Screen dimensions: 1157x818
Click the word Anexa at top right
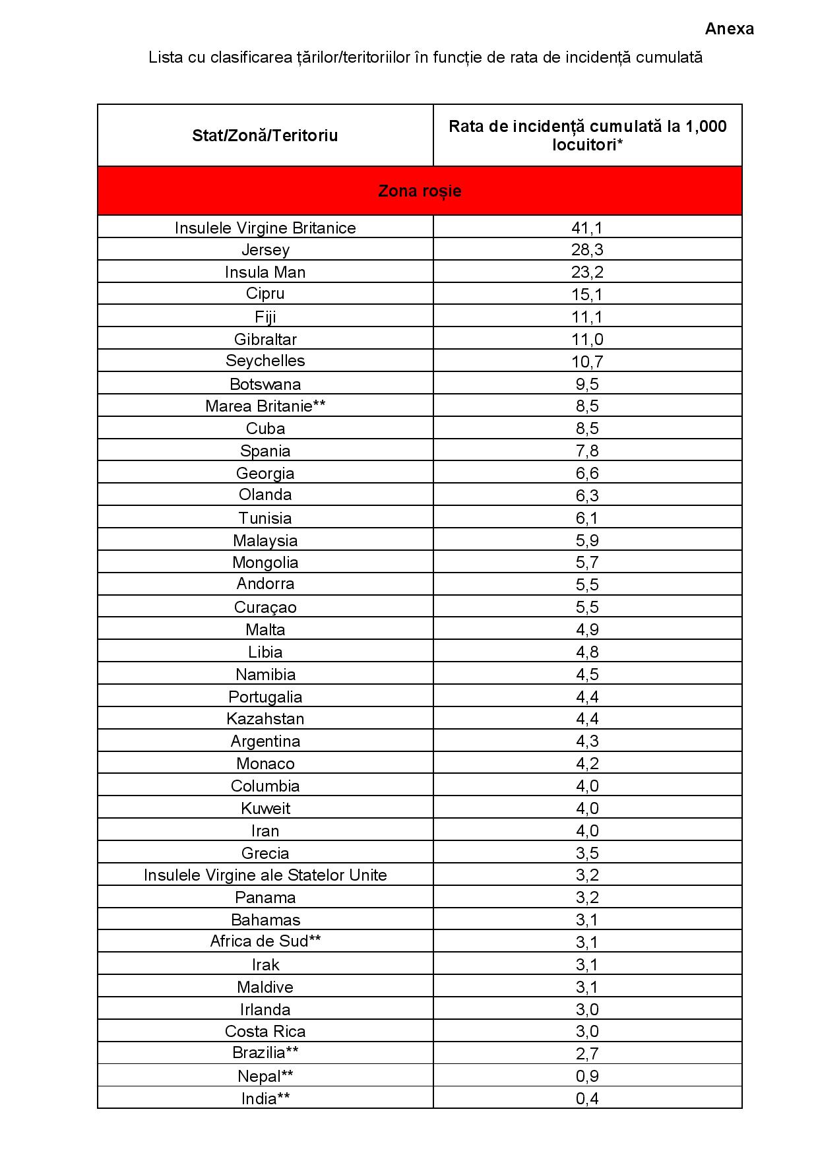tap(729, 29)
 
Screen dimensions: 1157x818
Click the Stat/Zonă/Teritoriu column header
tap(265, 136)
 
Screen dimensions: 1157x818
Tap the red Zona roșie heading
tap(420, 191)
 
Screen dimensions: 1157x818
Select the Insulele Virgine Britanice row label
tap(265, 228)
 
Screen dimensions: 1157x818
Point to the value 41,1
tap(587, 228)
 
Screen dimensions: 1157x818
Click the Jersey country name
tap(265, 250)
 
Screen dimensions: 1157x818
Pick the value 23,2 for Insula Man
tap(587, 272)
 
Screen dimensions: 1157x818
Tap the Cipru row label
tap(265, 294)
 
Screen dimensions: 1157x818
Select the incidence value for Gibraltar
tap(587, 340)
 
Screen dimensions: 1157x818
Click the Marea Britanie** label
tap(265, 406)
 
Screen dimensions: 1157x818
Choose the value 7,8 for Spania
tap(587, 451)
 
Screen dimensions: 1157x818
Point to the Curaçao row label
tap(265, 608)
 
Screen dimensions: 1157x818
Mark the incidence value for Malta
tap(587, 630)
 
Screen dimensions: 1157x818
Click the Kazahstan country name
tap(265, 719)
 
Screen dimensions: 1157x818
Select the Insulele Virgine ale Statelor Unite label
tap(265, 875)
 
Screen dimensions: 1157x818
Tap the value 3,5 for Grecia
tap(587, 854)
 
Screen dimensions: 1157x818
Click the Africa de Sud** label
tap(265, 942)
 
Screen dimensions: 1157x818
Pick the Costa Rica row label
tap(265, 1032)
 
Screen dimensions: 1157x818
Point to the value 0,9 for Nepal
tap(587, 1077)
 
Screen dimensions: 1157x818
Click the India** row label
tap(265, 1099)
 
